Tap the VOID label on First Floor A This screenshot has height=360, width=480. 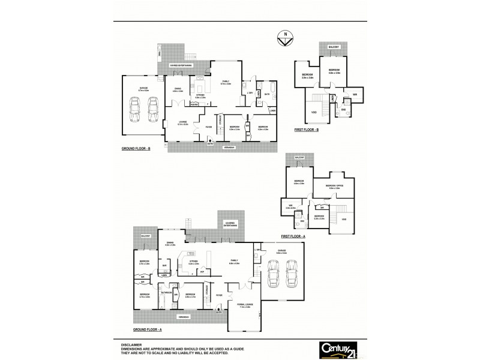point(343,220)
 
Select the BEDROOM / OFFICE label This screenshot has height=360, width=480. point(334,186)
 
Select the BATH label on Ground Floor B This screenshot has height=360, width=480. point(266,94)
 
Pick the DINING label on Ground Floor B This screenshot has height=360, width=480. point(178,88)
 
